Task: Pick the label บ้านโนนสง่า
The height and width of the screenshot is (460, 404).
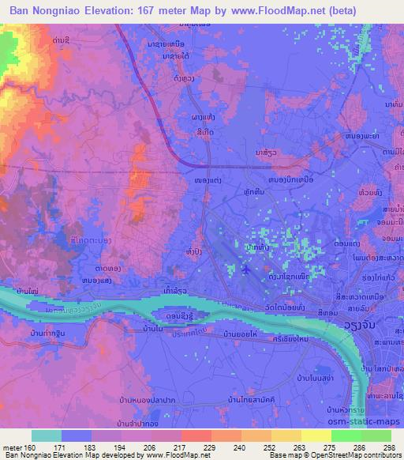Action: coord(316,383)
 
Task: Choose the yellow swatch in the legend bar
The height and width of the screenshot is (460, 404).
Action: coord(316,435)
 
